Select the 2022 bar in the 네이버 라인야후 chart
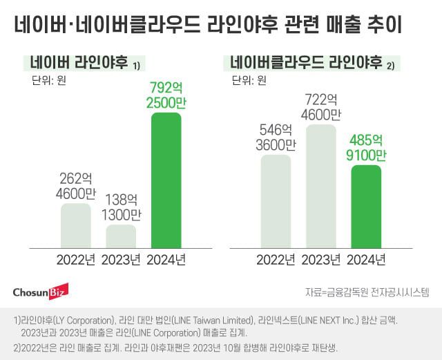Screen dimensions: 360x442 76,226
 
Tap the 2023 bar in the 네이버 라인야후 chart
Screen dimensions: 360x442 121,236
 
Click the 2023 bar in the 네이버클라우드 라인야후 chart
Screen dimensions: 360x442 320,186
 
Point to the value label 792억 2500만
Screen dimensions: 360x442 166,95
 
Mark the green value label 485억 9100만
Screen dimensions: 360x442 365,146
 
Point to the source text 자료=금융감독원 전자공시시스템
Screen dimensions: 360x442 367,292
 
